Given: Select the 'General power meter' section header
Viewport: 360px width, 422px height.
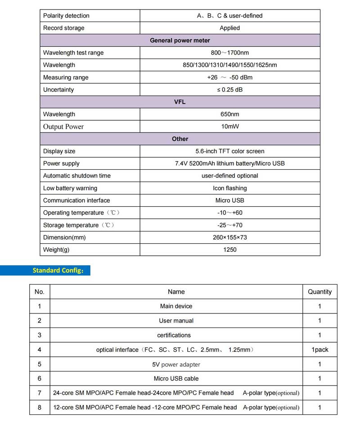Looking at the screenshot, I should pos(180,41).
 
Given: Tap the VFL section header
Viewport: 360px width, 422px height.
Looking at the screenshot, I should pos(180,102).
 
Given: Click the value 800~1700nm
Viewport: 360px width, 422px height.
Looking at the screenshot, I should pos(229,53).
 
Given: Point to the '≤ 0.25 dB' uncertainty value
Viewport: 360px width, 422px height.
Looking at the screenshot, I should pos(229,90).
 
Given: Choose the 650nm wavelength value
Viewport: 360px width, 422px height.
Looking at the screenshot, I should pos(229,114).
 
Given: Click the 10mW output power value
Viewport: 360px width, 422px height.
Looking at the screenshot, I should pos(229,127).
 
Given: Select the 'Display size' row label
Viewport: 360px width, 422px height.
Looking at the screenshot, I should pos(59,151).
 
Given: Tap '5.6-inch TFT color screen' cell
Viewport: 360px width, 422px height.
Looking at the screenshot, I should pos(229,151).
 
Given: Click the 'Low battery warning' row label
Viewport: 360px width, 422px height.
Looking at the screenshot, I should pos(70,188).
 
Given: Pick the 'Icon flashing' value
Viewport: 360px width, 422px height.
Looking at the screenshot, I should pos(229,188).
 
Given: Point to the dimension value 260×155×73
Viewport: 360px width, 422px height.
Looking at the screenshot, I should pos(229,237).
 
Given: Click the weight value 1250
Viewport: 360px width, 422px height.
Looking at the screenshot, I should pos(229,250).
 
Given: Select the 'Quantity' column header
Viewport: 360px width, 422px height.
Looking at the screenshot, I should pos(319,292).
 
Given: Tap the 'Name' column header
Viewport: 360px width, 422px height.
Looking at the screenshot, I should pos(176,292).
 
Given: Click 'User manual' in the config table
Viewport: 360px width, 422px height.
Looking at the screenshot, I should pos(176,321).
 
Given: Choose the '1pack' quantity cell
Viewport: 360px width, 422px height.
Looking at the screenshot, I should pos(319,349).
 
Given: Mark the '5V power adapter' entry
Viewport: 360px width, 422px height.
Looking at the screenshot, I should pos(176,364).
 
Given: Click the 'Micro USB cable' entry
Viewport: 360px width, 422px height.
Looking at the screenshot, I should pos(176,379).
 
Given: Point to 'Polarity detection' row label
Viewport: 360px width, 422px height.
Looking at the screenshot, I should pos(66,16).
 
